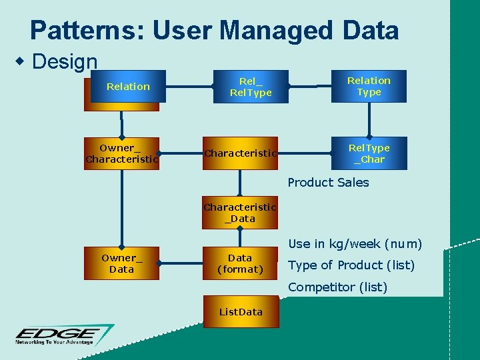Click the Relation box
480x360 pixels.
tap(127, 87)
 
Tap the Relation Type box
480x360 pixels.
tap(369, 87)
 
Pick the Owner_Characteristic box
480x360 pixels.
tap(121, 153)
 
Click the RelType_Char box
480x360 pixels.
tap(369, 153)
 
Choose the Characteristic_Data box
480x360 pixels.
tap(240, 213)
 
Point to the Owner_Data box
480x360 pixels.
tap(121, 263)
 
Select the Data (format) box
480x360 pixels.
tap(240, 263)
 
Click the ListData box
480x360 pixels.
tap(241, 312)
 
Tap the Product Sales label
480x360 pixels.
tap(328, 183)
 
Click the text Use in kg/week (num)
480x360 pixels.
tap(355, 244)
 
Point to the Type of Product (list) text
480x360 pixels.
tap(351, 265)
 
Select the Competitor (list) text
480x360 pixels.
tap(337, 287)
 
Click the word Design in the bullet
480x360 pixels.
tap(65, 62)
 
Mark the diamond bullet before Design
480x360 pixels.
tap(21, 61)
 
